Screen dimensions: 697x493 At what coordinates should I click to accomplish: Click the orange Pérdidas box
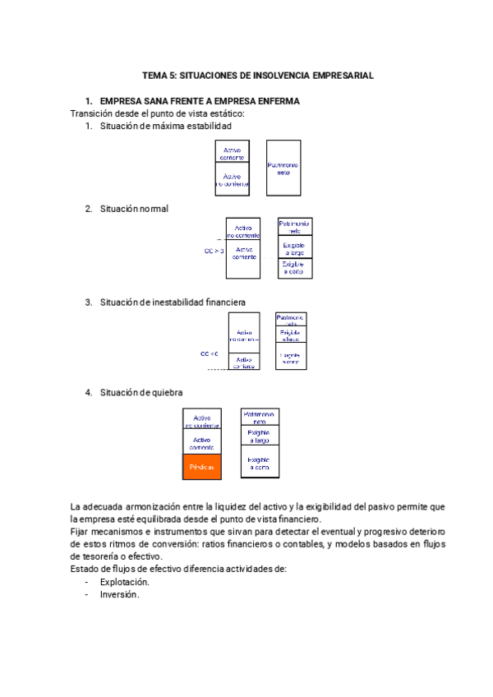[x=201, y=466]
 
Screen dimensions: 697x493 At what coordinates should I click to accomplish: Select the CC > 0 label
[x=214, y=251]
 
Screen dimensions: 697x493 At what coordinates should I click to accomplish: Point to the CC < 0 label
[x=210, y=330]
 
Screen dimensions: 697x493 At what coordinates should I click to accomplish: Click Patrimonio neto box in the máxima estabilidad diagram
[x=283, y=168]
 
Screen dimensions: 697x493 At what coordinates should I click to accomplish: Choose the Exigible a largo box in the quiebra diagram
[x=260, y=435]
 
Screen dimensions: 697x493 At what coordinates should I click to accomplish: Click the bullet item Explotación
[x=125, y=582]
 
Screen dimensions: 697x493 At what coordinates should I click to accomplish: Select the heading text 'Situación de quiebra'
[x=141, y=392]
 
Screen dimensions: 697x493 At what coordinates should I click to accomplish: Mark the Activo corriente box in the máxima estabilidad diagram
[x=232, y=153]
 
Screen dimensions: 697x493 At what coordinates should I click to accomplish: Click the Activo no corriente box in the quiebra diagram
[x=201, y=421]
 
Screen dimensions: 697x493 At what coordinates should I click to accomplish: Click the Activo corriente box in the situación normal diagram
[x=243, y=253]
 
